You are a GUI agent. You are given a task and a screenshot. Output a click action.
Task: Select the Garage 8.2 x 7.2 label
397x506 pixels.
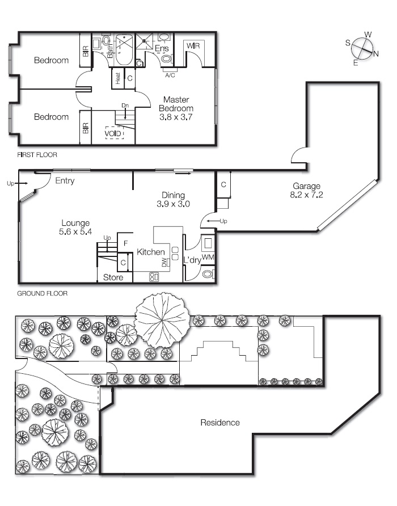307,190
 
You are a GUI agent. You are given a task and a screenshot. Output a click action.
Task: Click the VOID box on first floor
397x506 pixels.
113,133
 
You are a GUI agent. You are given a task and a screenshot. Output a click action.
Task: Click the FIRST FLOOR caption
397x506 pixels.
37,154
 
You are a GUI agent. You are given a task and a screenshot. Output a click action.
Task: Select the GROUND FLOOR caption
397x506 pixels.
42,294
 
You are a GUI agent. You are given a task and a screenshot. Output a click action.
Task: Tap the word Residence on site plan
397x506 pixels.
219,423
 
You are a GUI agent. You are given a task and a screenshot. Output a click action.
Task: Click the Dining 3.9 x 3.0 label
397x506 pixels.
173,199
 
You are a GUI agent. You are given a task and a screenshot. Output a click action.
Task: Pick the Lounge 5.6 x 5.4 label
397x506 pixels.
75,227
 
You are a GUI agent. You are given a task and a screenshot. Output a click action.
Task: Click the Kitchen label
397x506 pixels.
151,252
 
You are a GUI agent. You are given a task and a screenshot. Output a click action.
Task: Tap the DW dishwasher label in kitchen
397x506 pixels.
164,263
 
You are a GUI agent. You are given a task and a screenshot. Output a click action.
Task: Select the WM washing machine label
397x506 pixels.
208,258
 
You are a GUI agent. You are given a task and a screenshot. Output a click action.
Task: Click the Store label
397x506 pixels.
113,278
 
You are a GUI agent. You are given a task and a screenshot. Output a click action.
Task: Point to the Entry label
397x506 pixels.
65,181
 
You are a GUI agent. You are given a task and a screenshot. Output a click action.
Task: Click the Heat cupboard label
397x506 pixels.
118,78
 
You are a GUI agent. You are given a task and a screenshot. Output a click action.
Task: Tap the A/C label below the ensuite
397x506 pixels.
170,75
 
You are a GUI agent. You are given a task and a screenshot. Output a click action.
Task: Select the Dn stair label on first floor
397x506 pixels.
125,106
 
